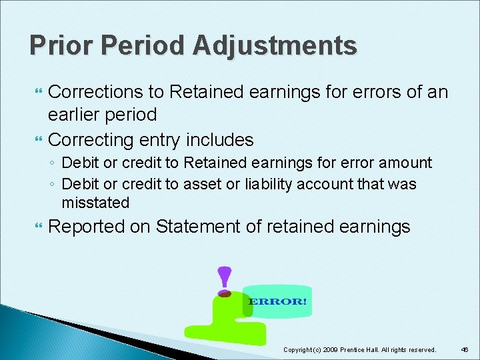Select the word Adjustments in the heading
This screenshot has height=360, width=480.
click(275, 45)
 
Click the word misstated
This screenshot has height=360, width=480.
click(95, 202)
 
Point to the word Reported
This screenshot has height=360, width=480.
click(87, 227)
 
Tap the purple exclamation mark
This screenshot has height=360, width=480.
click(225, 279)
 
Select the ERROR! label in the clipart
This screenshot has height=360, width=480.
click(277, 301)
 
